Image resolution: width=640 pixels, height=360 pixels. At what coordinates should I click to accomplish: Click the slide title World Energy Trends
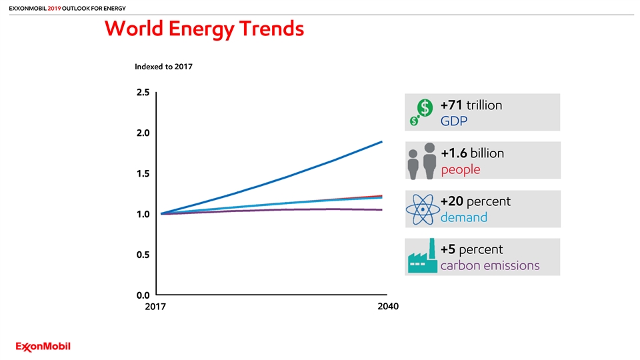(x=204, y=29)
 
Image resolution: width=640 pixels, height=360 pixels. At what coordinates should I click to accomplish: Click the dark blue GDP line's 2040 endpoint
(x=382, y=141)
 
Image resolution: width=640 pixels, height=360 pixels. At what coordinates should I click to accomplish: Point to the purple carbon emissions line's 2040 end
(x=382, y=209)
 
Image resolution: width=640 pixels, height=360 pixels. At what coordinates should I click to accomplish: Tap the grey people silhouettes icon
(x=422, y=161)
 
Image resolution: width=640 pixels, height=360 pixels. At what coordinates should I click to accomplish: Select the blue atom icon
(x=423, y=209)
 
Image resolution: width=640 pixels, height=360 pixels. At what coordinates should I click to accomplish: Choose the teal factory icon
(x=422, y=257)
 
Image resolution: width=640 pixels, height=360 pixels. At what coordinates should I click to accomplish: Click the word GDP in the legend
(x=454, y=122)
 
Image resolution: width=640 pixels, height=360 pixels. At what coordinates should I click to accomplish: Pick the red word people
(x=460, y=170)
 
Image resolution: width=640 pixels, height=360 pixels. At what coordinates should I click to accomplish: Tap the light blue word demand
(x=463, y=218)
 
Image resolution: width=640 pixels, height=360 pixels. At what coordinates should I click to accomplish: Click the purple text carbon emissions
(x=490, y=266)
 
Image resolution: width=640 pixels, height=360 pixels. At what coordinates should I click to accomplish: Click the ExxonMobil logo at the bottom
(x=43, y=346)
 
